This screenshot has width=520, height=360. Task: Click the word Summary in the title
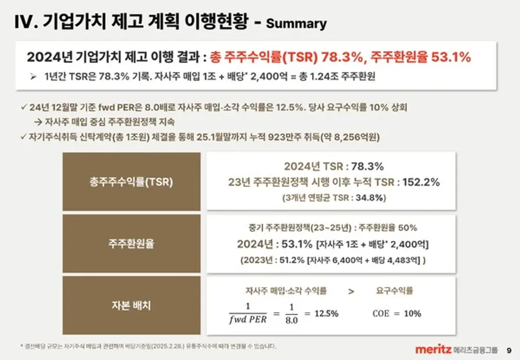(296, 24)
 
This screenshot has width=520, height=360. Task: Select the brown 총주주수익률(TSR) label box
(131, 181)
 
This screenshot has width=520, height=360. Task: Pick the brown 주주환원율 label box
(131, 243)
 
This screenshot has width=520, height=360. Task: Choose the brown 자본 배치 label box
(131, 306)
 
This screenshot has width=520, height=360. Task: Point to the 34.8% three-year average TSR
(368, 198)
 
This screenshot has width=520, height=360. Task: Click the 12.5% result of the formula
(326, 313)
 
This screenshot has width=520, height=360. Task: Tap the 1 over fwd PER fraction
(248, 313)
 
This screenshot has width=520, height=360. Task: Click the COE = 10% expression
(397, 314)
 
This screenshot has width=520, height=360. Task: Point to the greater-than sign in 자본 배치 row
(351, 291)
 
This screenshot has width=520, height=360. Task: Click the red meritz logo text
(433, 349)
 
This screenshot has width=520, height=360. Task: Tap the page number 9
(508, 350)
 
